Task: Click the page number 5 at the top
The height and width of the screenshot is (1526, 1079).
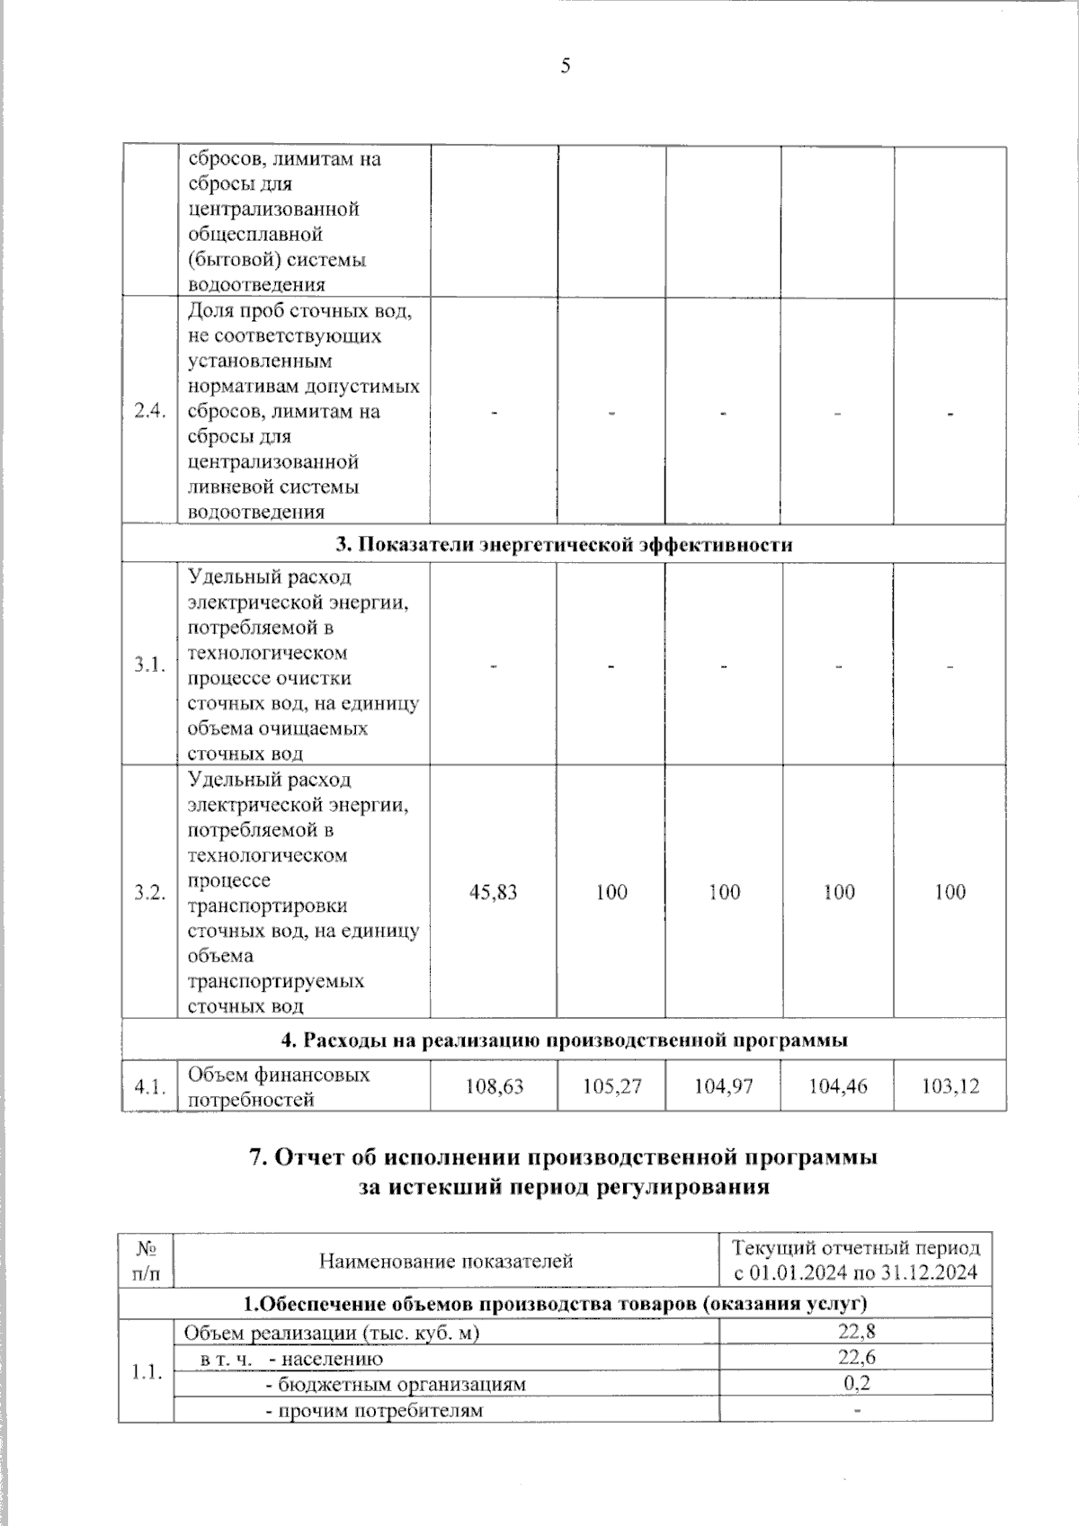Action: pyautogui.click(x=566, y=66)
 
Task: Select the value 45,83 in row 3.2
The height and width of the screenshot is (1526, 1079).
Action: pyautogui.click(x=493, y=892)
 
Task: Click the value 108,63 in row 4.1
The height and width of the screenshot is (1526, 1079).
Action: pyautogui.click(x=494, y=1086)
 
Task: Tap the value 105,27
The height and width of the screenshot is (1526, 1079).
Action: pyautogui.click(x=611, y=1086)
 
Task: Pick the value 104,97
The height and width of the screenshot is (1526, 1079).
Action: pyautogui.click(x=724, y=1086)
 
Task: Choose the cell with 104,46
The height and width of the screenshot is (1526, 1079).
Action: pyautogui.click(x=838, y=1086)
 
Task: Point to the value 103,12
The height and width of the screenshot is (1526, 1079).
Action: pyautogui.click(x=950, y=1086)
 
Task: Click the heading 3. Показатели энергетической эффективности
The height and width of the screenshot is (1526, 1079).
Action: pyautogui.click(x=564, y=545)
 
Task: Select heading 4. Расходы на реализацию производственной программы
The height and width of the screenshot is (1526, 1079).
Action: pyautogui.click(x=564, y=1040)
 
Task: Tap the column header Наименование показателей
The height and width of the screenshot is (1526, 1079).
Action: pyautogui.click(x=446, y=1261)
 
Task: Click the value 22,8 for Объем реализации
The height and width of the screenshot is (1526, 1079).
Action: pyautogui.click(x=856, y=1333)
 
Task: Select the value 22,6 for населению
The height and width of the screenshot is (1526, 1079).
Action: pyautogui.click(x=856, y=1358)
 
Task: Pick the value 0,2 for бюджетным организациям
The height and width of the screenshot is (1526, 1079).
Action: pyautogui.click(x=856, y=1383)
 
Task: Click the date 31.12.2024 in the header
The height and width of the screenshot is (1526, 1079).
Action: pyautogui.click(x=931, y=1273)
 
